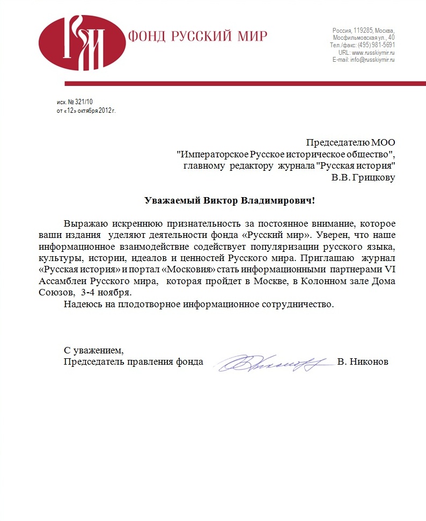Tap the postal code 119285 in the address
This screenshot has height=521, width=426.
363,30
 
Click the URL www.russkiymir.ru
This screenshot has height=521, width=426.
373,53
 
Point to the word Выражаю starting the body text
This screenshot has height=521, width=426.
86,223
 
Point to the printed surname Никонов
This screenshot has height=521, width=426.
369,362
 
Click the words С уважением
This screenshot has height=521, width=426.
93,351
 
